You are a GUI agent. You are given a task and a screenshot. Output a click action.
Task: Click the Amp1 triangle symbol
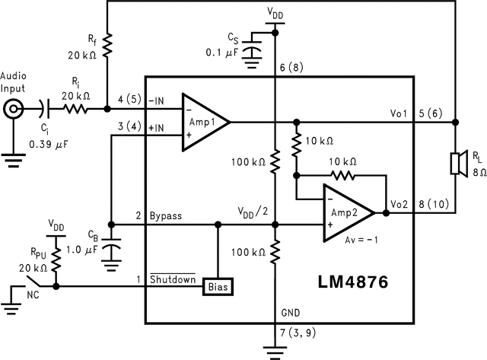(202, 121)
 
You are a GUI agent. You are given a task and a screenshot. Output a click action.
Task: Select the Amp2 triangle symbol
(346, 214)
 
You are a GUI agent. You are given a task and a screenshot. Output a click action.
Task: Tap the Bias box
(218, 286)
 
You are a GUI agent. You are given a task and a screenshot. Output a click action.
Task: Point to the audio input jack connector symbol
(13, 111)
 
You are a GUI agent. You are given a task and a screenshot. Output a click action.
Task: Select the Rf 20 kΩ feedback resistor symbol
(108, 47)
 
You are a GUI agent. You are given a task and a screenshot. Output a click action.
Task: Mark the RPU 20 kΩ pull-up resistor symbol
(58, 260)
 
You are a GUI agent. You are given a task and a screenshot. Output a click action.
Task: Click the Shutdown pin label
(172, 279)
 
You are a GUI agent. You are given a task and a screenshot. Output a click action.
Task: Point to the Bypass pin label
(165, 216)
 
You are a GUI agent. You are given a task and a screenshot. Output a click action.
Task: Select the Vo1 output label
(399, 113)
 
